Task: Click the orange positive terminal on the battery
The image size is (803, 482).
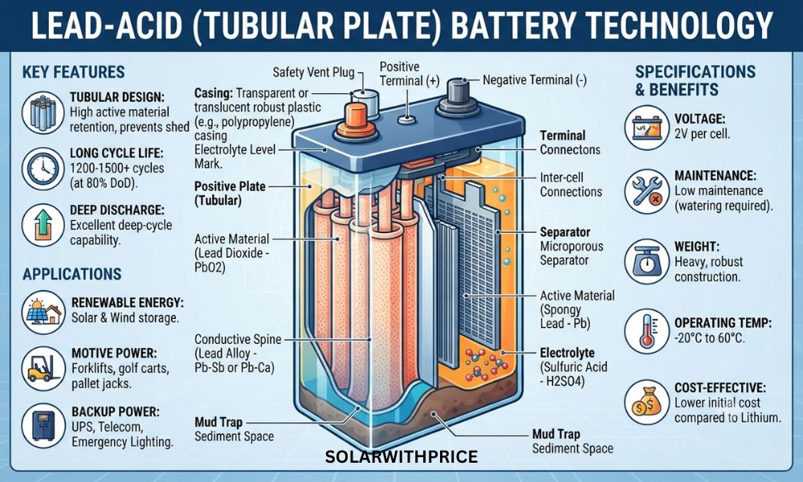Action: pos(356,122)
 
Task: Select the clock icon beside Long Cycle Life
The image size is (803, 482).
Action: pos(43,169)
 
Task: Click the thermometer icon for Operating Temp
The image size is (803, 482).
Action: pos(646,330)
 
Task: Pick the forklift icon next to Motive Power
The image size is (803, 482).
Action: pos(43,368)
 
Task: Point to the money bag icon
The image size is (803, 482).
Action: pos(646,402)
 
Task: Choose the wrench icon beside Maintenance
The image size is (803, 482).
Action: pos(646,191)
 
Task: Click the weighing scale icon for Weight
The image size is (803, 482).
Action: pos(646,261)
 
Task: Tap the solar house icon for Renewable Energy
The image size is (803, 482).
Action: pos(43,312)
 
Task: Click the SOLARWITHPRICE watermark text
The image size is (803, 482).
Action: pos(401,456)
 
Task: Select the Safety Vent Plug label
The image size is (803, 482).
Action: pos(313,72)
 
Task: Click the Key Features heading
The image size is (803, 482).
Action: pos(73,72)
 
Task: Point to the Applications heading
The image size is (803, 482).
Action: pos(72,274)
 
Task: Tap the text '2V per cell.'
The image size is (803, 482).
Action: pos(702,133)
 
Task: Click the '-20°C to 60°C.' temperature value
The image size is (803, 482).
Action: pos(710,338)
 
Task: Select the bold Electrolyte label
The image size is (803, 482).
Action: pos(568,353)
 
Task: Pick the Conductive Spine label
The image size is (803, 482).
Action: pos(238,339)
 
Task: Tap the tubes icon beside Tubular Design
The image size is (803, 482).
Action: pos(43,112)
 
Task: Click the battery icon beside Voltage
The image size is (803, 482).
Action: pos(646,128)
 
